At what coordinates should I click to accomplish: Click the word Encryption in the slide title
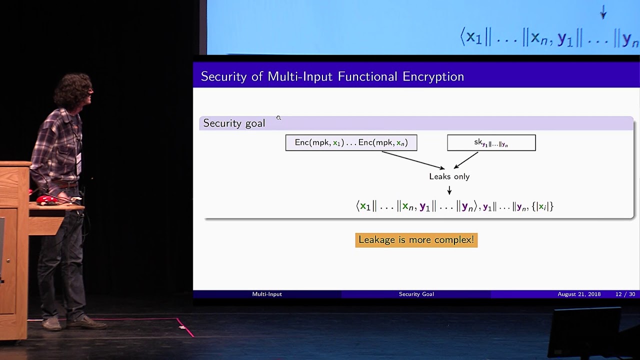click(x=433, y=76)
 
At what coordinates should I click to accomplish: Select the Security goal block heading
click(x=234, y=123)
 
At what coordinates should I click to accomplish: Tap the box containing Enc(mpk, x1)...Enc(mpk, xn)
click(x=351, y=142)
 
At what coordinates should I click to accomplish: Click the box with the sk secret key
click(x=491, y=142)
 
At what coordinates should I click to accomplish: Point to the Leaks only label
click(x=449, y=176)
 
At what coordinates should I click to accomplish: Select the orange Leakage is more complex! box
click(x=416, y=240)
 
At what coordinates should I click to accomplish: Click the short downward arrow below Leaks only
click(x=449, y=190)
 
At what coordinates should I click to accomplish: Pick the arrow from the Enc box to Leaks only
click(x=413, y=160)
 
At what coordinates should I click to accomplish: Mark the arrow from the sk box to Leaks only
click(x=465, y=160)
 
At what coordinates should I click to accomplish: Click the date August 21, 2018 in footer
click(x=579, y=294)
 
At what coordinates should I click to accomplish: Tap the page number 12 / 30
click(x=625, y=294)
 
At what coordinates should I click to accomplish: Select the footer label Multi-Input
click(x=267, y=294)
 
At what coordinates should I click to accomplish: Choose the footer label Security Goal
click(x=416, y=294)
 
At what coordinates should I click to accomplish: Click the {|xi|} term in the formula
click(x=542, y=206)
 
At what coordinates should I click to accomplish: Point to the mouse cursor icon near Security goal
click(x=278, y=117)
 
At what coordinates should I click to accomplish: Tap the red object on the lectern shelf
click(x=47, y=199)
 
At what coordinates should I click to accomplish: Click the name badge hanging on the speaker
click(x=79, y=163)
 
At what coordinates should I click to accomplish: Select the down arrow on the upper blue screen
click(x=603, y=12)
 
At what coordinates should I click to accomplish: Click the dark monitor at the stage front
click(x=584, y=331)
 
